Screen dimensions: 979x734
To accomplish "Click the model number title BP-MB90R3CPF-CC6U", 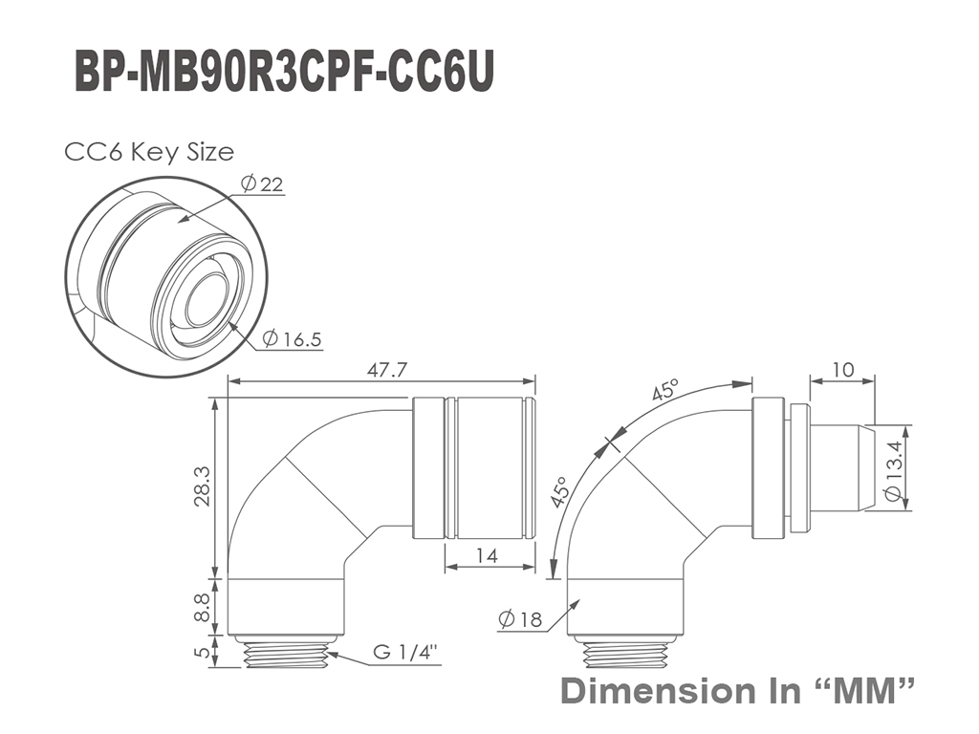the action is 285,73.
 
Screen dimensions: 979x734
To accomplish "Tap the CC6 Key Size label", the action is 149,152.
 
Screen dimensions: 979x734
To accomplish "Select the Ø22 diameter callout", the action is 262,183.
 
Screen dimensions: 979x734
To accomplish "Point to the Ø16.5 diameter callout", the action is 292,339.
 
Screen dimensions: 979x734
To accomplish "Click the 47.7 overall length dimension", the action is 386,370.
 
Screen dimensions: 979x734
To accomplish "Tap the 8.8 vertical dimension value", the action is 202,608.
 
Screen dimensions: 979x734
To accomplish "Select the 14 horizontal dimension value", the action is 487,555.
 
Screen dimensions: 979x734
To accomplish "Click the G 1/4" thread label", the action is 404,652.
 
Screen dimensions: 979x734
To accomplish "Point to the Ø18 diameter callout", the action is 521,619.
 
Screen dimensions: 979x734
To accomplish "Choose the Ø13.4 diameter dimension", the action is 893,470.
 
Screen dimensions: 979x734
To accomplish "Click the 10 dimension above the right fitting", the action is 842,370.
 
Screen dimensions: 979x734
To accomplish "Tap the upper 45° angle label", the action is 664,390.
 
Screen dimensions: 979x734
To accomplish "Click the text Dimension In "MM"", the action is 739,691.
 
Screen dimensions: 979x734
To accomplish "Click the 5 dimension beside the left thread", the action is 201,652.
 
